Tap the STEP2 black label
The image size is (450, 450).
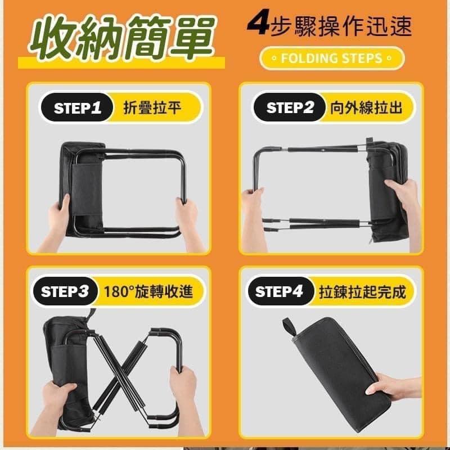[x=290, y=108]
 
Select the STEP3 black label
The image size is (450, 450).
[x=65, y=292]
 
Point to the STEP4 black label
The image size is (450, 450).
[x=280, y=292]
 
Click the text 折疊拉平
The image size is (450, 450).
[x=152, y=109]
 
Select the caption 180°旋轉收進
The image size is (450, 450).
[x=148, y=292]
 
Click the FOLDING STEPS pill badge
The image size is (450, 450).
[x=332, y=58]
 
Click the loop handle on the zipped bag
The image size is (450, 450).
[x=290, y=327]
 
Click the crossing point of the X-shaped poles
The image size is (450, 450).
[x=118, y=368]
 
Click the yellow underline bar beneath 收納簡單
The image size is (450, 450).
[x=121, y=62]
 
